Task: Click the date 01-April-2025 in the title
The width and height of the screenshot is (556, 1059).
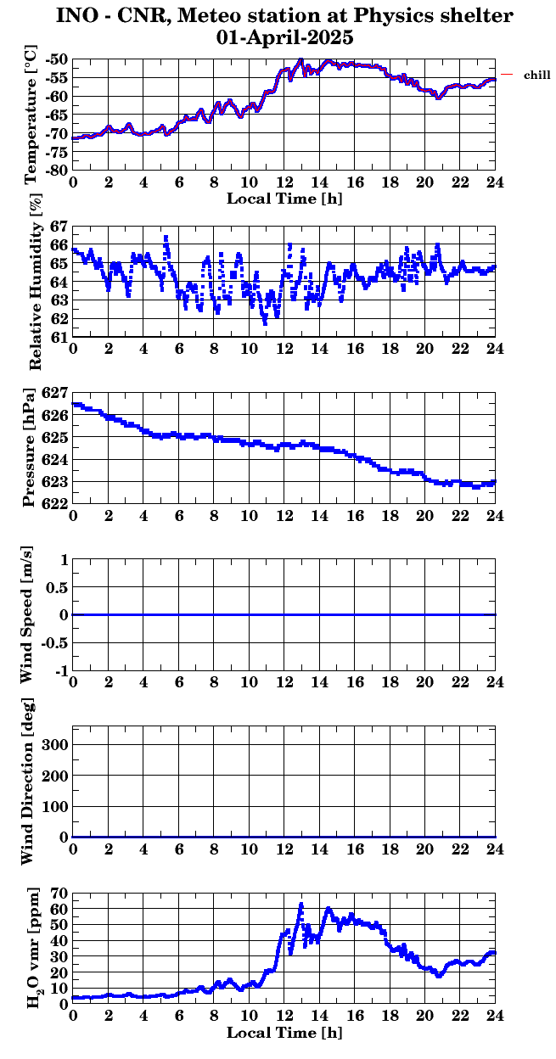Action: [x=285, y=37]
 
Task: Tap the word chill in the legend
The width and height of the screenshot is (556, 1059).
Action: [x=536, y=76]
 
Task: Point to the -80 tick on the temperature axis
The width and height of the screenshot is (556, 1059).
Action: [x=57, y=171]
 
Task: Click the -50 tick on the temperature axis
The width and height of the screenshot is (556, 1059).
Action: [x=57, y=60]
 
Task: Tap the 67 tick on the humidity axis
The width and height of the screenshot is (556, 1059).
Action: [x=59, y=227]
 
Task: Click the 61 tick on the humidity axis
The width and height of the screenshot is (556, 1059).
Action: [x=59, y=337]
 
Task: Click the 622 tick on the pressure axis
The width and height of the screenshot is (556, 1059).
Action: [x=55, y=503]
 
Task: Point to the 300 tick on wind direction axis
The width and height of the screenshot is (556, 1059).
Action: [x=55, y=744]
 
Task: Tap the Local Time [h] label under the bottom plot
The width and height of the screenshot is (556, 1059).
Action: [x=284, y=1033]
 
